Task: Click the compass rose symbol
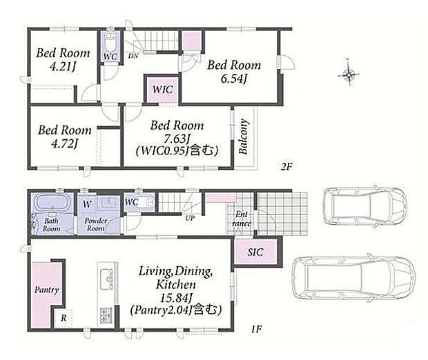click(349, 73)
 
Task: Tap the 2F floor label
click(286, 166)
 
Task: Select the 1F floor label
click(256, 330)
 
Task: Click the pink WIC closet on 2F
click(162, 89)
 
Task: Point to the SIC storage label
click(255, 252)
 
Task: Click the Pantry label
click(47, 290)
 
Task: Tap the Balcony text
click(243, 137)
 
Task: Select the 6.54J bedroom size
click(233, 79)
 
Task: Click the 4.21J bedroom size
click(63, 66)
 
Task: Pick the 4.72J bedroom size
click(65, 143)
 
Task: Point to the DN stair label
click(133, 56)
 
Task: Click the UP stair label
click(190, 218)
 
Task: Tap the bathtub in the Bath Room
click(52, 203)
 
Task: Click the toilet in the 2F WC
click(110, 43)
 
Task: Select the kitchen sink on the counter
click(106, 279)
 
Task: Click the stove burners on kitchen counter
click(106, 316)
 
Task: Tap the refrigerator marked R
click(64, 318)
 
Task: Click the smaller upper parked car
click(365, 206)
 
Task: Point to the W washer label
click(87, 204)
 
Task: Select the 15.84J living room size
click(175, 297)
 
